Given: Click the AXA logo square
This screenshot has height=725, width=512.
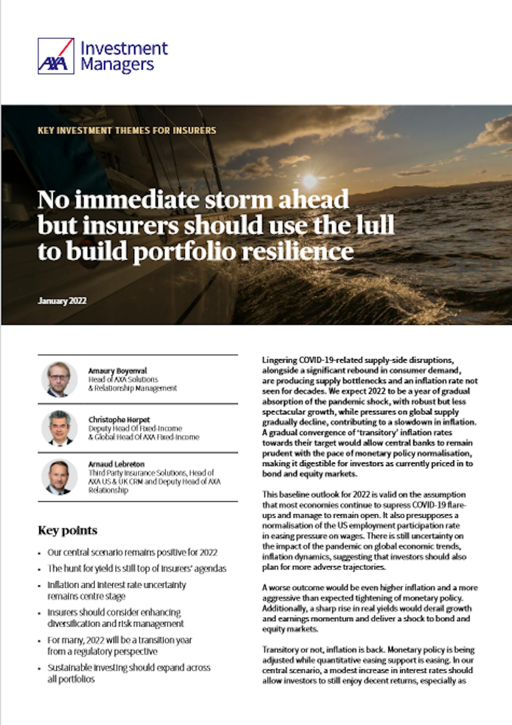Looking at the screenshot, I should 56,56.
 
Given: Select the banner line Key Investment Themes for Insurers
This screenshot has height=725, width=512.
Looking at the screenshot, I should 127,130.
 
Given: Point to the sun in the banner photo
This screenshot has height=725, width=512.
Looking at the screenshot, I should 310,181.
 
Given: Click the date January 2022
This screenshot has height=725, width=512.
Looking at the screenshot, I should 62,301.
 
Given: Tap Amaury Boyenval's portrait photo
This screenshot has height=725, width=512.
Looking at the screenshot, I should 59,379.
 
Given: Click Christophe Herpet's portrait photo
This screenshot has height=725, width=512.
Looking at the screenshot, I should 59,428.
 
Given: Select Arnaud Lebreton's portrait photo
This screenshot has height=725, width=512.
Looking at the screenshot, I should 59,477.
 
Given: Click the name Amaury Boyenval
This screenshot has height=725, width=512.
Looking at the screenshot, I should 118,371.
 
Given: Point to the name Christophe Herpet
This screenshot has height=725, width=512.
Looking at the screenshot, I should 119,420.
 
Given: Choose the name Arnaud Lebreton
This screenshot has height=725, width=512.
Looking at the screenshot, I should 116,464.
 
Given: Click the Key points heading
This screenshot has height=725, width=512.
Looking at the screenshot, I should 67,530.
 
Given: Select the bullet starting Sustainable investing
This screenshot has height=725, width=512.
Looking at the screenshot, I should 129,668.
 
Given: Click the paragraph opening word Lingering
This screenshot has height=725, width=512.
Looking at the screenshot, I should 279,360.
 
